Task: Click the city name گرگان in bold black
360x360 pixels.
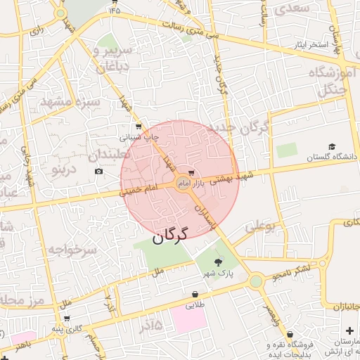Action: point(170,234)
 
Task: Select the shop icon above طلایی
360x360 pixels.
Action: point(195,294)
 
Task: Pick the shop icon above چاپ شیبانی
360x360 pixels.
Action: point(139,127)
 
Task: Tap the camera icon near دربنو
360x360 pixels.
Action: point(98,172)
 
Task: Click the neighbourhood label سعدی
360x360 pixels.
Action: point(294,9)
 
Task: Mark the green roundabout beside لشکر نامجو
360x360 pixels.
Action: point(255,281)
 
